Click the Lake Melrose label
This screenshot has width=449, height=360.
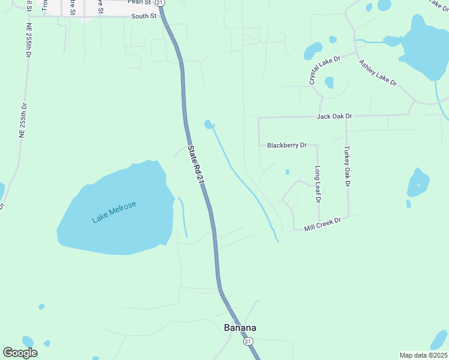coord(114,212)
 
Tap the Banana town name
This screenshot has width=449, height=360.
coord(240,328)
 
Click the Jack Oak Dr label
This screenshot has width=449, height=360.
coord(334,115)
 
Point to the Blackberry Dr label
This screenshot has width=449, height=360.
coord(286,145)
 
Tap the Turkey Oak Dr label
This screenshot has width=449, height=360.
coord(346,166)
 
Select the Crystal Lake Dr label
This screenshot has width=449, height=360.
coord(325,70)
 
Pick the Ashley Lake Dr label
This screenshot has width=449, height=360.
coord(378,73)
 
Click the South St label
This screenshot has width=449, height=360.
coord(144,17)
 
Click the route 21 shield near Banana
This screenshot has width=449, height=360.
coord(248,341)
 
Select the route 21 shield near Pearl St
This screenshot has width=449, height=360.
coord(161,3)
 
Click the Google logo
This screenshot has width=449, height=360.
coord(20,353)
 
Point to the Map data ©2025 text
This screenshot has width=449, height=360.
coord(423,355)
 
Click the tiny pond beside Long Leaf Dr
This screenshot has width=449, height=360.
coord(288,172)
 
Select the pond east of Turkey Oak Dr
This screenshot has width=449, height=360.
coord(418,182)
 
